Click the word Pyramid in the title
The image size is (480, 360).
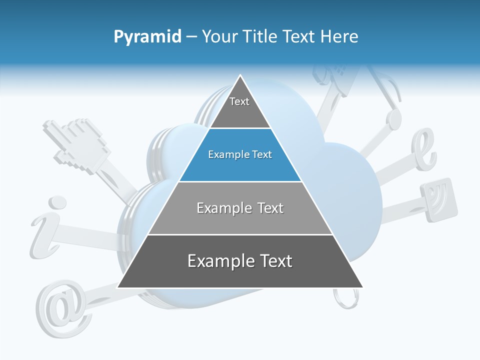pyautogui.click(x=147, y=37)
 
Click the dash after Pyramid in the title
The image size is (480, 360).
pyautogui.click(x=191, y=37)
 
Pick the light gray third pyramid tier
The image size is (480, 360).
pyautogui.click(x=240, y=208)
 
